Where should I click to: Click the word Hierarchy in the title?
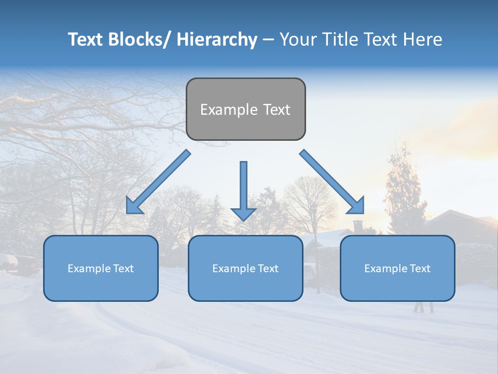pyautogui.click(x=217, y=39)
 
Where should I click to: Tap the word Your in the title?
pyautogui.click(x=298, y=39)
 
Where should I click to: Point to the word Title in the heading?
pyautogui.click(x=338, y=39)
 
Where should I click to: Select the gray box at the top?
pyautogui.click(x=245, y=109)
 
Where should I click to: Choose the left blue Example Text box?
pyautogui.click(x=101, y=268)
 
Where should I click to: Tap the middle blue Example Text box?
pyautogui.click(x=245, y=268)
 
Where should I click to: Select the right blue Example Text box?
pyautogui.click(x=397, y=268)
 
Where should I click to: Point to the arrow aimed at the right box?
pyautogui.click(x=332, y=182)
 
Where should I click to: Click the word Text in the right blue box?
pyautogui.click(x=420, y=269)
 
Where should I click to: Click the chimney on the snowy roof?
pyautogui.click(x=358, y=226)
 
